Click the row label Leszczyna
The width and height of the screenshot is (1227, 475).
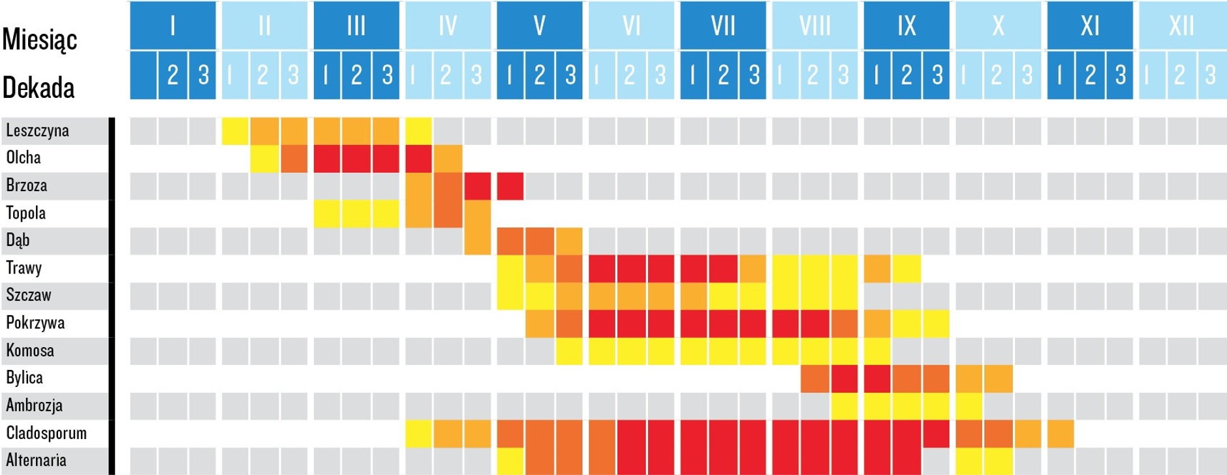[x=37, y=130]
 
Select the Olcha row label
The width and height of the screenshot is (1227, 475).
[x=23, y=158]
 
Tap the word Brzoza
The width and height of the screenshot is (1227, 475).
[x=27, y=185]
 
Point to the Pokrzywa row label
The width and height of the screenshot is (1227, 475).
[x=35, y=323]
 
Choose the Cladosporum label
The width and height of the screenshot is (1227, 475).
[x=46, y=433]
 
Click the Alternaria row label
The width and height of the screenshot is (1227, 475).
[x=36, y=461]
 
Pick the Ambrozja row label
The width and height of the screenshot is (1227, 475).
[x=34, y=406]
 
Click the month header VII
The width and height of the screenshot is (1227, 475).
[x=722, y=25]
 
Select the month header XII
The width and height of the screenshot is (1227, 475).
[x=1181, y=25]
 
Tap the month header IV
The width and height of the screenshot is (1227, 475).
[x=448, y=25]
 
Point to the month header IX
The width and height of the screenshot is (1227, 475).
[x=907, y=25]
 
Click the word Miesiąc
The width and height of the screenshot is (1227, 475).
[x=39, y=39]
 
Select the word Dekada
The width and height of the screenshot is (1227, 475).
[x=38, y=87]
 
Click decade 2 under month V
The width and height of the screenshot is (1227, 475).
[x=539, y=75]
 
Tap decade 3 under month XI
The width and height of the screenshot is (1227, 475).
[x=1120, y=75]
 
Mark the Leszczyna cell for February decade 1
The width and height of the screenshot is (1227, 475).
[x=235, y=130]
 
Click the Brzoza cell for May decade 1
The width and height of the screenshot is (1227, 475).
[x=510, y=186]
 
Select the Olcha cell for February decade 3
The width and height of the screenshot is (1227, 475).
[x=294, y=159]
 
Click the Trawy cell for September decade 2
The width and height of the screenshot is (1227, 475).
[x=907, y=268]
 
